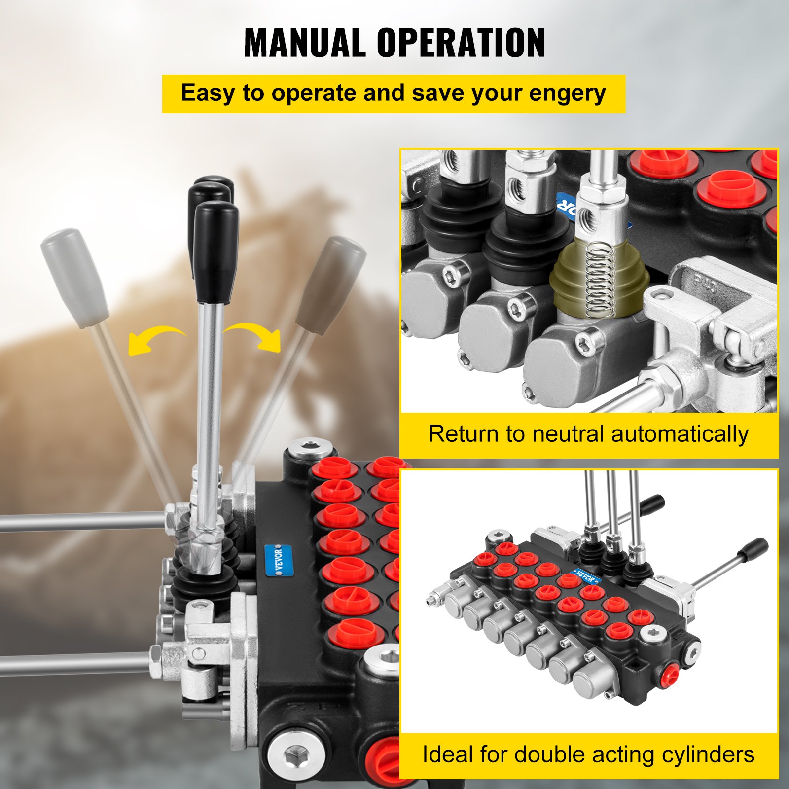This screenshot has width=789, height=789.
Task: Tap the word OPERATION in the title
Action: [x=461, y=43]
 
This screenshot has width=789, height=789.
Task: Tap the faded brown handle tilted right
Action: [x=331, y=284]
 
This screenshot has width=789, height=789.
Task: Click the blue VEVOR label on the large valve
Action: [x=279, y=560]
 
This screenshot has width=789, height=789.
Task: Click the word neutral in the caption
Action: [x=568, y=434]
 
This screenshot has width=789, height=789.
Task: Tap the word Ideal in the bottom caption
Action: [x=447, y=755]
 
